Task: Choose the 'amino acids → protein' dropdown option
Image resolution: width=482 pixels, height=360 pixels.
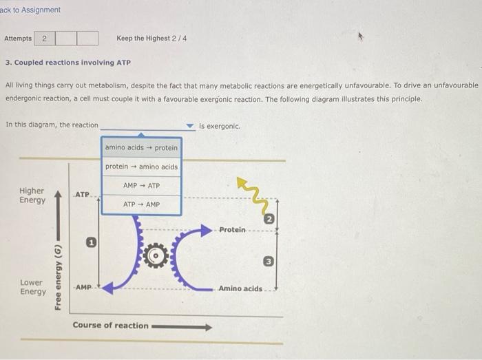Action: (141, 147)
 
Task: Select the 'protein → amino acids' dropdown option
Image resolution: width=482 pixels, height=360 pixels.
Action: (141, 167)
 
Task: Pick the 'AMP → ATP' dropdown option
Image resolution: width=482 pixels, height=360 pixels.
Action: (141, 186)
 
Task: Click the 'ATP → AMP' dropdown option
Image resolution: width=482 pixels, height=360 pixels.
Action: (141, 204)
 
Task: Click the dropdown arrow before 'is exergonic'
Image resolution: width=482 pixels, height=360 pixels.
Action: (191, 127)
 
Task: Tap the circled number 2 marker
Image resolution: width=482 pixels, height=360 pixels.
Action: (270, 220)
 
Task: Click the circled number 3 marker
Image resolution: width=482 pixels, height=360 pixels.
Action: (270, 261)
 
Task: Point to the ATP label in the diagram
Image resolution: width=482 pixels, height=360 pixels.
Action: (82, 195)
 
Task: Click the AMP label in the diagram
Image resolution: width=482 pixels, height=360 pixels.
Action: (83, 286)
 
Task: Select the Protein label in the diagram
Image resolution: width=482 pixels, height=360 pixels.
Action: (232, 229)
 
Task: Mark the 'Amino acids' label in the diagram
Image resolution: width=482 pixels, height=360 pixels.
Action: (240, 288)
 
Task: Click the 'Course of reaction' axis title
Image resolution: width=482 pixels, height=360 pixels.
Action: (110, 326)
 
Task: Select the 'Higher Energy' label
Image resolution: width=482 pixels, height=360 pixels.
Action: (32, 195)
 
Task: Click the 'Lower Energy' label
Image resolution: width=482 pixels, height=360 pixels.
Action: (32, 287)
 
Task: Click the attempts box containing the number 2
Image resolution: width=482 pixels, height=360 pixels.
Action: (44, 39)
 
